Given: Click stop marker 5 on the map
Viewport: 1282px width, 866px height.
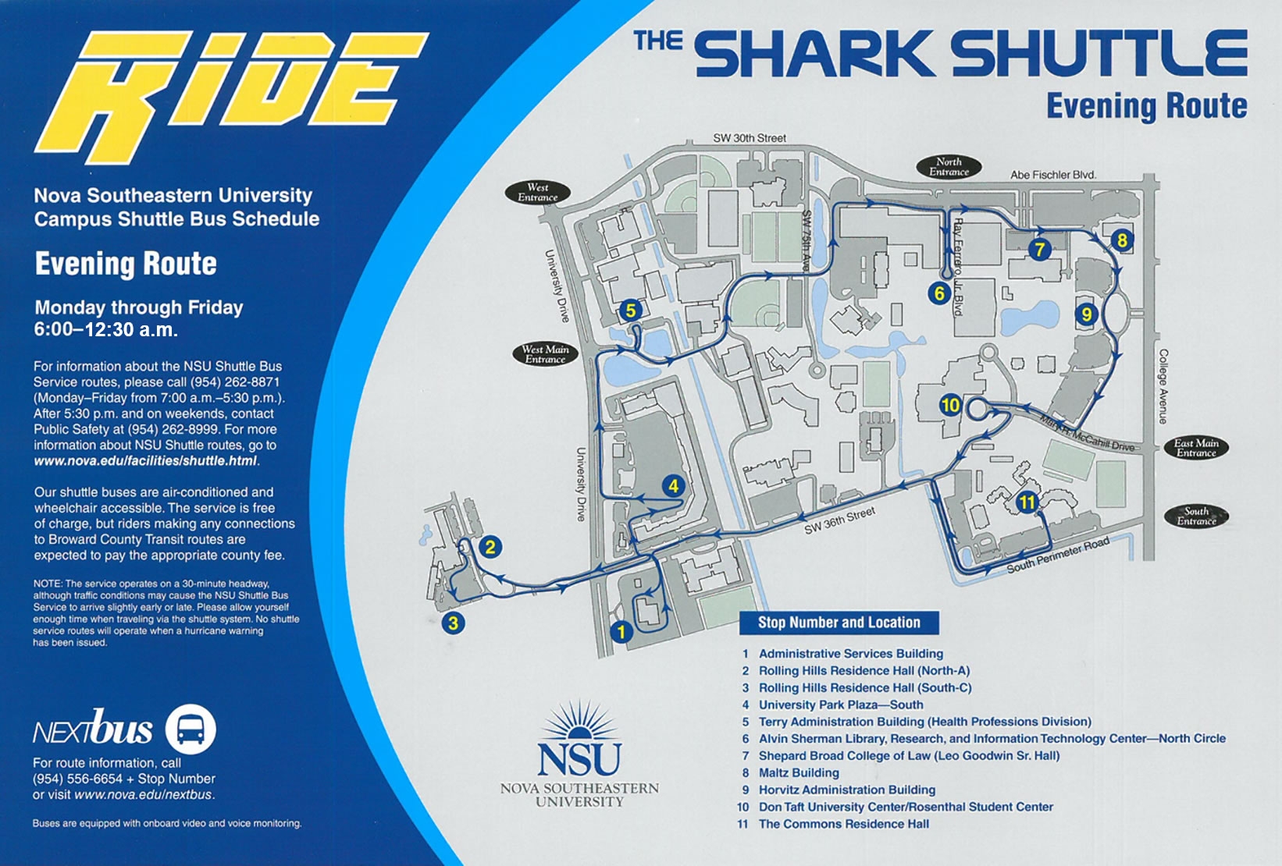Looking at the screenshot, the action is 630,311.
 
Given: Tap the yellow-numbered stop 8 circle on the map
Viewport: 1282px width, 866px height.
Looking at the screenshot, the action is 1122,240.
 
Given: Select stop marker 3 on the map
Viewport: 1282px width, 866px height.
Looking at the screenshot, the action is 453,623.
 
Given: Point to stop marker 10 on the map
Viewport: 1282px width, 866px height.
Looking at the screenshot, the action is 949,405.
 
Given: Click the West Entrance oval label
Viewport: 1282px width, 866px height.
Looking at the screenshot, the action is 537,193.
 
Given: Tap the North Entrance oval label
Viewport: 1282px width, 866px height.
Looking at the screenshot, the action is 949,167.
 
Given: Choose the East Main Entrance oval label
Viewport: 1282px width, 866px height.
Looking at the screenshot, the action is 1196,447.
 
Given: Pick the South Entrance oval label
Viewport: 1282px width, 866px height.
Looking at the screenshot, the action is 1196,516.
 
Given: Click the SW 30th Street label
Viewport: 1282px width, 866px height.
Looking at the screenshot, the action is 750,138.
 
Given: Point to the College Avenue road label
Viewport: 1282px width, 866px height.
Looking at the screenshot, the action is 1163,386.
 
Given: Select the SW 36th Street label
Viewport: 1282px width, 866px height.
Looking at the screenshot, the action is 839,520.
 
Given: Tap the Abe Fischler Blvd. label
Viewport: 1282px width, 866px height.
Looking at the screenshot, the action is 1053,175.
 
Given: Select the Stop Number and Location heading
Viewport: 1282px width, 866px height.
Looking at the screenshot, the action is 839,623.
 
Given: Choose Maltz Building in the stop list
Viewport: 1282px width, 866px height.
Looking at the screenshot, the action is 799,772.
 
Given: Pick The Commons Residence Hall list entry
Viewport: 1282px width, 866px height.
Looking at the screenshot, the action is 843,824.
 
